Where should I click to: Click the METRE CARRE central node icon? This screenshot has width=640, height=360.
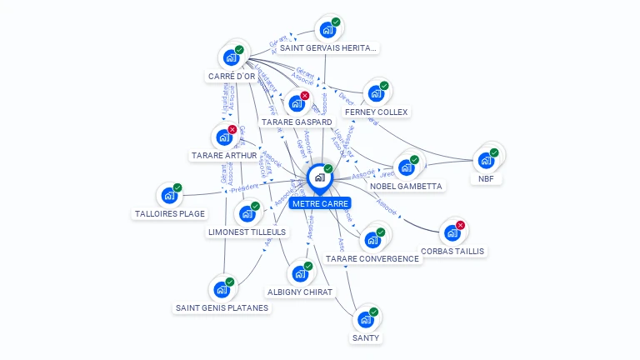[x=319, y=177]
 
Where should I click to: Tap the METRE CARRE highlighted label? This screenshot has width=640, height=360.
[x=320, y=203]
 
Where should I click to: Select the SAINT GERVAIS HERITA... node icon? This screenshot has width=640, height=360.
[x=327, y=30]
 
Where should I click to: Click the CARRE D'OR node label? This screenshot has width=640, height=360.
[x=232, y=77]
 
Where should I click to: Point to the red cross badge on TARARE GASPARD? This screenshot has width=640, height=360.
[x=305, y=96]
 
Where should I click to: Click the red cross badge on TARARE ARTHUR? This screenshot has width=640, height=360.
[x=232, y=129]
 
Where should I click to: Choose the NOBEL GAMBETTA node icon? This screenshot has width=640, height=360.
[x=406, y=167]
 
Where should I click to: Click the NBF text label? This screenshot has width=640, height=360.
[x=486, y=178]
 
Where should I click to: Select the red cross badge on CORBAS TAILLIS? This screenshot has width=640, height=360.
[x=461, y=225]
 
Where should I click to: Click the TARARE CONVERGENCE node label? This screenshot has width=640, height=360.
[x=372, y=258]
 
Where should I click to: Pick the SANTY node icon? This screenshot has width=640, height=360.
[x=364, y=319]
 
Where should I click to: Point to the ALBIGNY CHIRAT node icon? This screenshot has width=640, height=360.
[x=299, y=273]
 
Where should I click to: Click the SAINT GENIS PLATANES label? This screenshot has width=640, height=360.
[x=222, y=307]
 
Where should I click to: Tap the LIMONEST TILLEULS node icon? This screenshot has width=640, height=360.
[x=246, y=213]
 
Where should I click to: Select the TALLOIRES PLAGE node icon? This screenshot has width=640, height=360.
[x=168, y=196]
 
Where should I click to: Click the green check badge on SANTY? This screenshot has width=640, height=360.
[x=373, y=312]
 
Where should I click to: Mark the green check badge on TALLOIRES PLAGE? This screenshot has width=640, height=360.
[x=177, y=188]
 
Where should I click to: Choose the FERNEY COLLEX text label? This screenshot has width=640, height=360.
[x=377, y=112]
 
